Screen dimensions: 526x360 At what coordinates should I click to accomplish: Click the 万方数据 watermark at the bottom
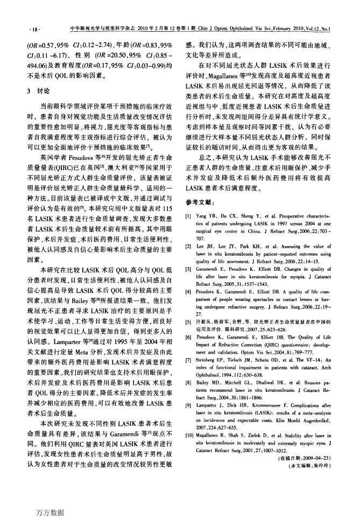pyautogui.click(x=47, y=511)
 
